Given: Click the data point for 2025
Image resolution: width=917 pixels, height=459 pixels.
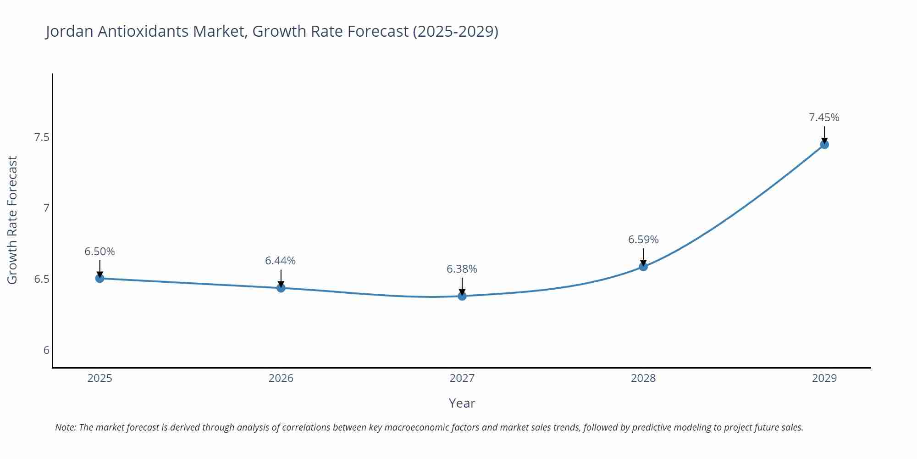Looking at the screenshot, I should tap(99, 278).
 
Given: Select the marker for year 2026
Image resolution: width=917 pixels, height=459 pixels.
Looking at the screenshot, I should tap(281, 288).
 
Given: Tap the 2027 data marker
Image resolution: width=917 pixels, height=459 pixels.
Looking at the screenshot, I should tap(462, 296).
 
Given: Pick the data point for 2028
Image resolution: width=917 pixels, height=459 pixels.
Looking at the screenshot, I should tap(643, 267).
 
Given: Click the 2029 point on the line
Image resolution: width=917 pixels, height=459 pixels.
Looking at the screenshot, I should tap(824, 145).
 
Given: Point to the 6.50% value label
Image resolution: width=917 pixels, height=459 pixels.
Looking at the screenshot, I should tap(99, 252).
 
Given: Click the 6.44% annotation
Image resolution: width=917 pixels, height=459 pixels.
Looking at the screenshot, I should tap(280, 261).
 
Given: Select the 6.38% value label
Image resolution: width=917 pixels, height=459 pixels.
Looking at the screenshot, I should tap(462, 269).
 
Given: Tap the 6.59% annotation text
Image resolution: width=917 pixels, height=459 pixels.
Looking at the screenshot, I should tap(643, 240).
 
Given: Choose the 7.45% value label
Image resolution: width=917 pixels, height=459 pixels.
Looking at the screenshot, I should tap(824, 118).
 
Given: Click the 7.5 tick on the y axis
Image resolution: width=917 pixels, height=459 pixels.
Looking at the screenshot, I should tap(41, 137).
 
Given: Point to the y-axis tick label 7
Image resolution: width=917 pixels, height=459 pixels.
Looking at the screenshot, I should tap(46, 208).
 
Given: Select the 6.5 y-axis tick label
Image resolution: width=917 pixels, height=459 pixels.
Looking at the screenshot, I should tap(41, 279).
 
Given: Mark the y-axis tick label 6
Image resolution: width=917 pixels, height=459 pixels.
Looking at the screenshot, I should tap(46, 350).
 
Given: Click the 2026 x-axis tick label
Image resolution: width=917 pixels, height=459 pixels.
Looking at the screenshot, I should tap(281, 378).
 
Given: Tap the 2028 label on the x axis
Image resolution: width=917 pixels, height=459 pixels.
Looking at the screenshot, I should tap(643, 378).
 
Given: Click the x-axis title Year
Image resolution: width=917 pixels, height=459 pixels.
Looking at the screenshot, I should tap(462, 403).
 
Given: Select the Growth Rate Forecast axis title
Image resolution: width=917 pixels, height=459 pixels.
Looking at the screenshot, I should tap(12, 220).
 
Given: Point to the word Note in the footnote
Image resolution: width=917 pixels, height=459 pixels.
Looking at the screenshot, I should tap(65, 427).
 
